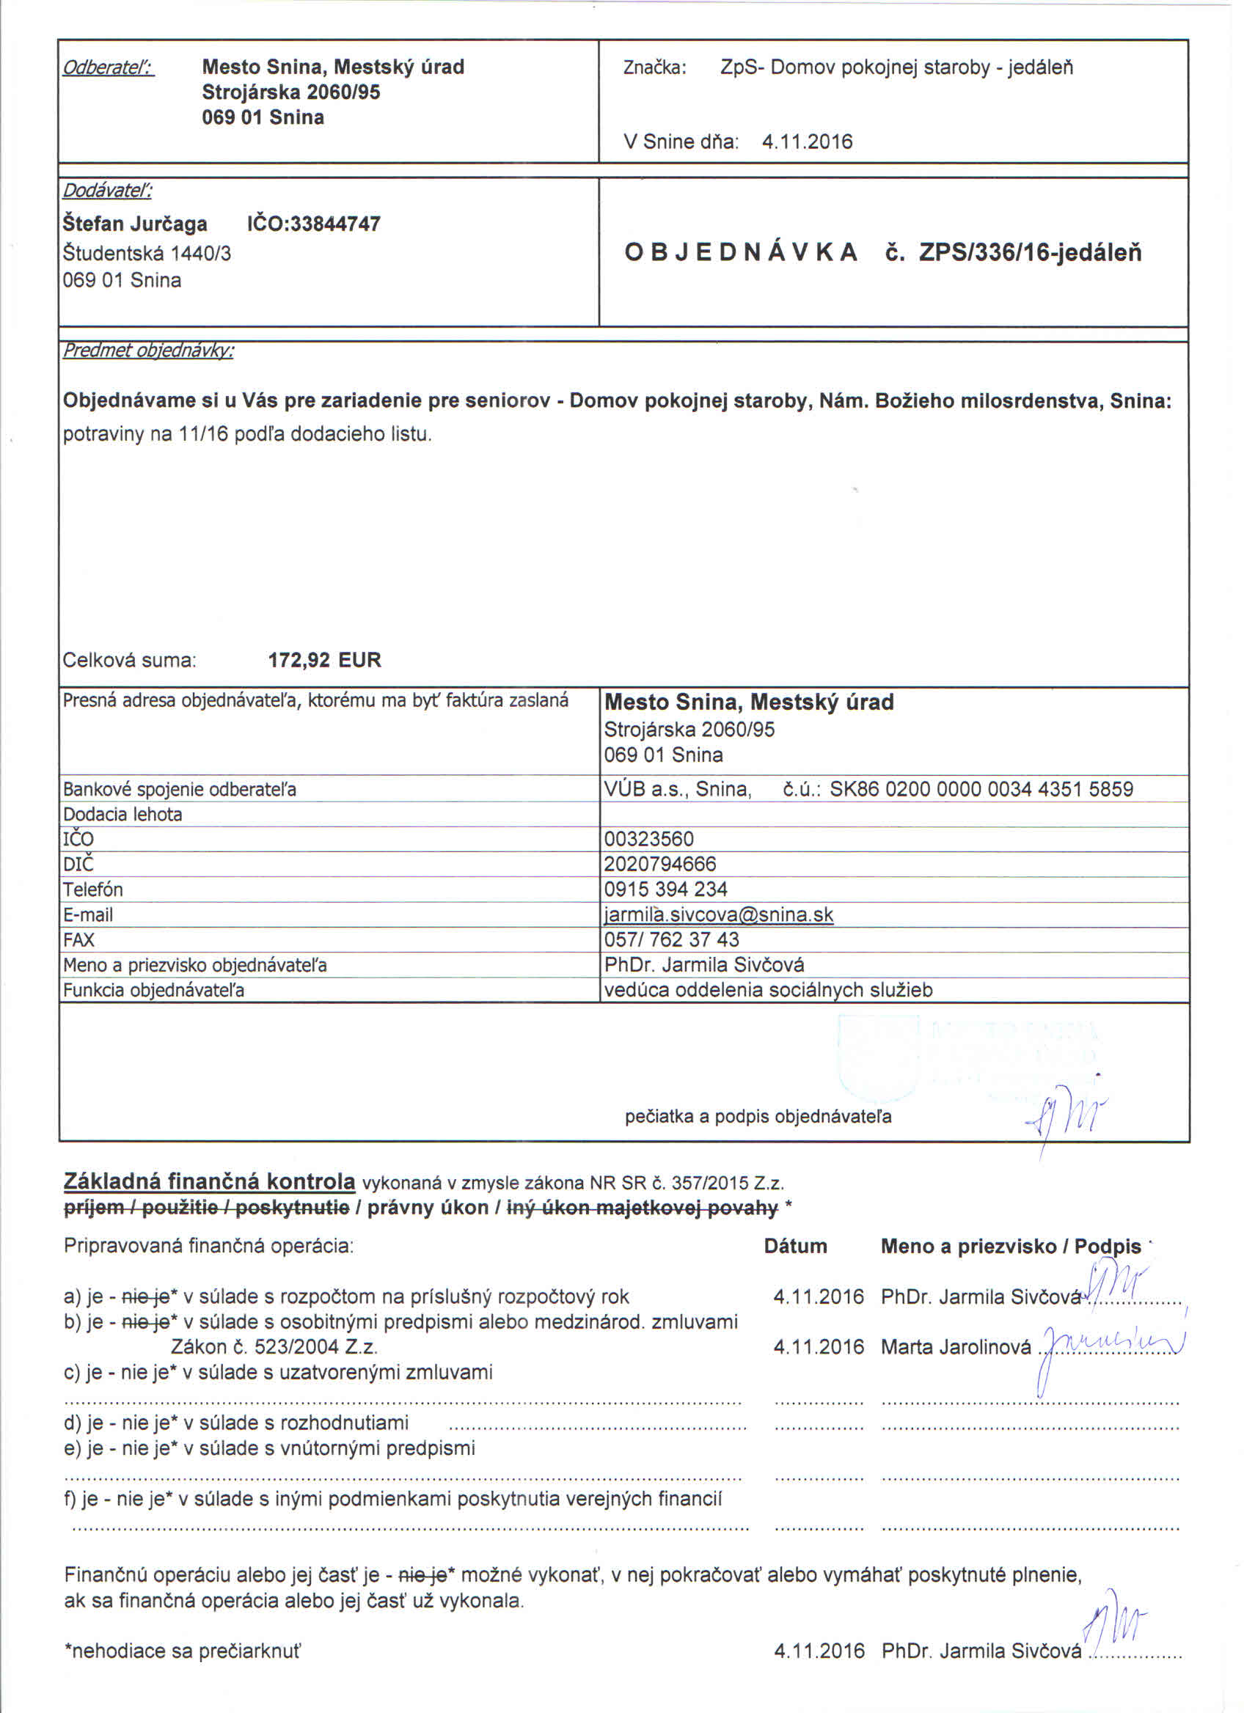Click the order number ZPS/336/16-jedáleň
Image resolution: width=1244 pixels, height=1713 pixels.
point(1031,252)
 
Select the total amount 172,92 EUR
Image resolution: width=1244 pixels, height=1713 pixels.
point(324,660)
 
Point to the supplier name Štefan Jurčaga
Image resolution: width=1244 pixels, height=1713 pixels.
point(135,224)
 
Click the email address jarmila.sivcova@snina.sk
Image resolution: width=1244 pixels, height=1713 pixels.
point(718,914)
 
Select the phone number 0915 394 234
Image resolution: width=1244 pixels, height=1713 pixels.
point(665,889)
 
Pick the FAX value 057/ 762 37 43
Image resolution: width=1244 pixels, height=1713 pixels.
point(671,939)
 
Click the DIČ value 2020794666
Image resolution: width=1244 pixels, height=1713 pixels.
point(660,863)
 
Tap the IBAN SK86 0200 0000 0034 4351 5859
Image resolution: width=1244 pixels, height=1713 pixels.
point(981,789)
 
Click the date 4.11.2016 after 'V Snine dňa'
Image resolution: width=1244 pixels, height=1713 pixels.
point(807,142)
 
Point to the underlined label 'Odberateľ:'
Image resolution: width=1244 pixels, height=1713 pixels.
point(108,68)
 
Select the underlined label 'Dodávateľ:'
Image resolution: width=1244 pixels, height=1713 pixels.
point(107,191)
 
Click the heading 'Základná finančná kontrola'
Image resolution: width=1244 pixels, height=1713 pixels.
point(209,1181)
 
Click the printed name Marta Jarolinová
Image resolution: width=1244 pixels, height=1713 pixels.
point(956,1346)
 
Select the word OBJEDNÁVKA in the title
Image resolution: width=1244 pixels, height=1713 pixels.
point(741,252)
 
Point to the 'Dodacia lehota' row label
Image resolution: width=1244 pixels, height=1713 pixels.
point(122,814)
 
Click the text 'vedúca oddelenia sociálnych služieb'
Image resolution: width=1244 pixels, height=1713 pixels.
point(768,989)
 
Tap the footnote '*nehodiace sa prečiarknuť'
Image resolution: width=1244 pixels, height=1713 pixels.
point(182,1651)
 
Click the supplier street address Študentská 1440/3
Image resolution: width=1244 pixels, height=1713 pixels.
point(147,253)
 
